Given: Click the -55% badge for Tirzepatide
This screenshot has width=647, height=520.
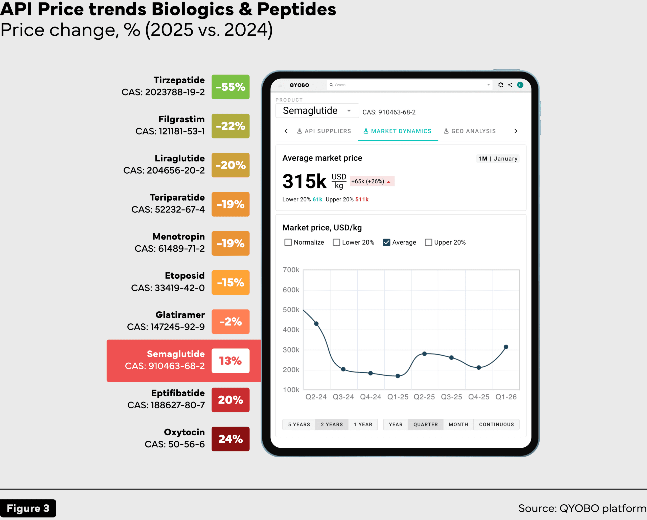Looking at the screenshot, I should pos(230,87).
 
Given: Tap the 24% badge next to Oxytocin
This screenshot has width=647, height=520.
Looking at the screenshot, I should pos(230,439).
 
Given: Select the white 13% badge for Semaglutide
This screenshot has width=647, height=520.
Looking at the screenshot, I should pos(230,360).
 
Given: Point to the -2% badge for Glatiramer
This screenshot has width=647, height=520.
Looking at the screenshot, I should pos(230,321).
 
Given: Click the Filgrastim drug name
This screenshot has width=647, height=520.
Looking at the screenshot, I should pos(181,119).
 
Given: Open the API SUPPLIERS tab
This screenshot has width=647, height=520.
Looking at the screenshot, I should pos(324,131).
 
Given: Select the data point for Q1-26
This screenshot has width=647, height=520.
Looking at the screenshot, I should pos(506,347).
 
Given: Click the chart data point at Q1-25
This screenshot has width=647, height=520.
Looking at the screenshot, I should pos(398,376).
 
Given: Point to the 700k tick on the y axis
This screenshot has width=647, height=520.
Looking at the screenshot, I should pos(291,270).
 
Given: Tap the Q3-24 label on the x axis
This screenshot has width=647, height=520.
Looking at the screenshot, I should pos(343,397).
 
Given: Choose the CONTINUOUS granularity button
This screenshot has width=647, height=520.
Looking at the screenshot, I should pos(496,424).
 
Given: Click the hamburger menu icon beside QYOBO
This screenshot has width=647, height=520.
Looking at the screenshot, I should pos(280,85).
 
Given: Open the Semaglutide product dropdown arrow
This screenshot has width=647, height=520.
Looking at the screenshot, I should pos(349,111).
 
